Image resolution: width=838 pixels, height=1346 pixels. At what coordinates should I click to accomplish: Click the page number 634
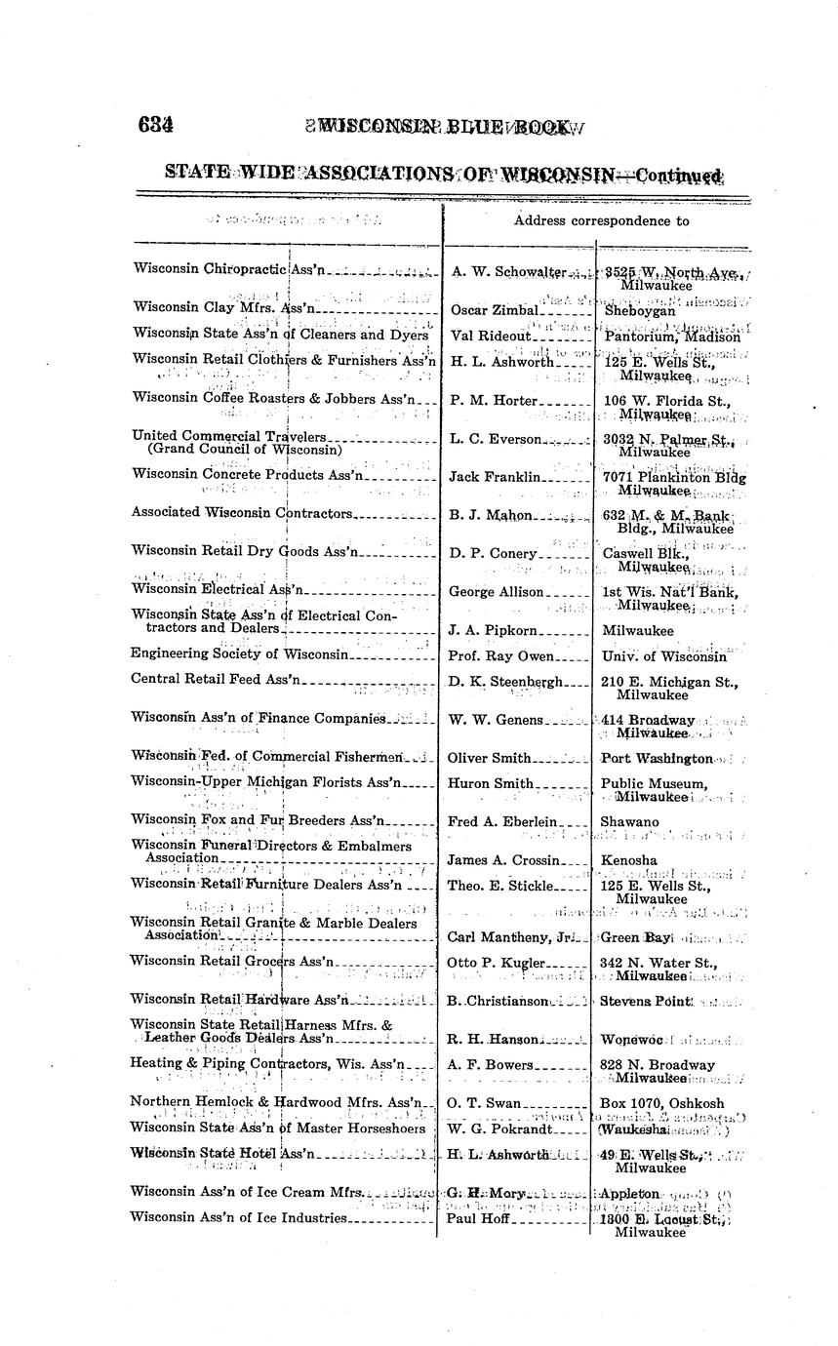point(156,125)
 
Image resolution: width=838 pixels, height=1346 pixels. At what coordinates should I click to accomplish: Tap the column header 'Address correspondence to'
point(602,220)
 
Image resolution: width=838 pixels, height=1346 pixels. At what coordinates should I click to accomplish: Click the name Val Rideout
point(491,336)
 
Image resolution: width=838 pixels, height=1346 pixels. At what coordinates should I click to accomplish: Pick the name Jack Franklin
point(494,477)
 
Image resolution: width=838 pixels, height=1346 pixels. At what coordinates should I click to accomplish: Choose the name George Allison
point(496,591)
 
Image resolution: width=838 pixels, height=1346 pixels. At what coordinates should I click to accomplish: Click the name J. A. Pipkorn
point(491,630)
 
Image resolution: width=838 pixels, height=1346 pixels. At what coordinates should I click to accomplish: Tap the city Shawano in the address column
point(630,822)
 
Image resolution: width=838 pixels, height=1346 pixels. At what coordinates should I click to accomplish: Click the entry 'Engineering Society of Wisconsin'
point(239,653)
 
